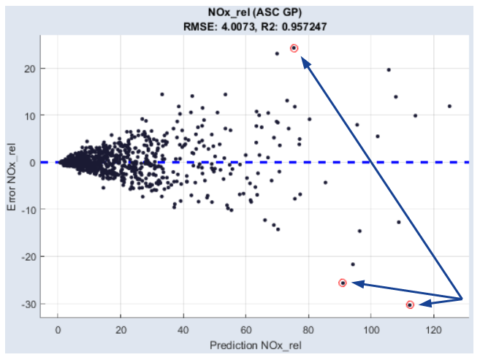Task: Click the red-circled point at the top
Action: (x=294, y=48)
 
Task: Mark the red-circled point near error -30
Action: (x=410, y=305)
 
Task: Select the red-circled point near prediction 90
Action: (x=343, y=283)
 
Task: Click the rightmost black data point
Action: (x=449, y=106)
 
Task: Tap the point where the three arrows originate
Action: (x=462, y=299)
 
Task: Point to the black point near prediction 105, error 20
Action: (x=389, y=70)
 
